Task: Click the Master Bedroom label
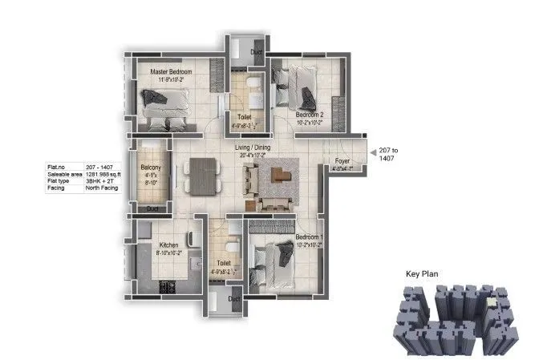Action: [170, 72]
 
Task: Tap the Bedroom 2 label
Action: [310, 115]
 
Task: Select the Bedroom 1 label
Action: [308, 238]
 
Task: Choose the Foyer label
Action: [342, 161]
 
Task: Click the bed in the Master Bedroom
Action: [167, 107]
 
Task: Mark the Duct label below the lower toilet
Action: [233, 299]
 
